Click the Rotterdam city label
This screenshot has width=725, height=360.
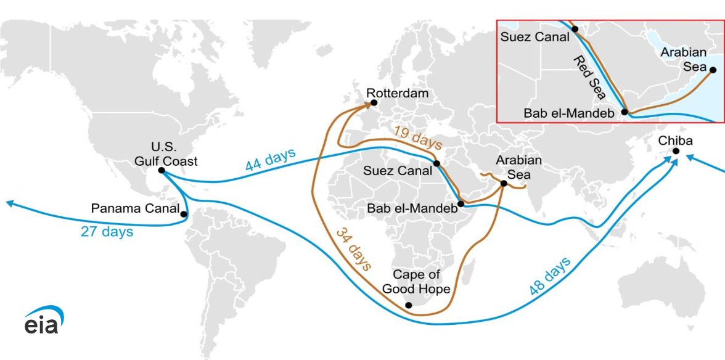point(398,93)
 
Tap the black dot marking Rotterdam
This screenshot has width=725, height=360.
point(374,104)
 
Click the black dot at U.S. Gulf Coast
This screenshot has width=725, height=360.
point(161,170)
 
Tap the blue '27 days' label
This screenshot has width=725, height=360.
point(107,232)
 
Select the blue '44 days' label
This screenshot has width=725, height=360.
point(270,160)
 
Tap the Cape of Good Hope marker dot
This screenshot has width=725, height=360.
point(408,305)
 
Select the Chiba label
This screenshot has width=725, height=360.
point(675,141)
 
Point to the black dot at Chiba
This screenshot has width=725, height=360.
point(676,151)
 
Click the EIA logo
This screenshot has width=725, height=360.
point(44,320)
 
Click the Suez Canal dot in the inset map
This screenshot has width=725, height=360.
point(574,29)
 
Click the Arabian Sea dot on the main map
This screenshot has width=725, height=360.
point(504,183)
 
